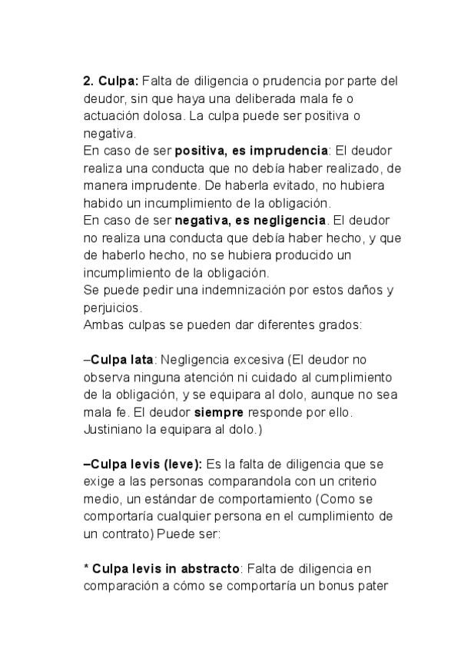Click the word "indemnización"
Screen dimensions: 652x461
tap(234, 290)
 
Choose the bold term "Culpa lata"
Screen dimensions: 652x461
tap(122, 359)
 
